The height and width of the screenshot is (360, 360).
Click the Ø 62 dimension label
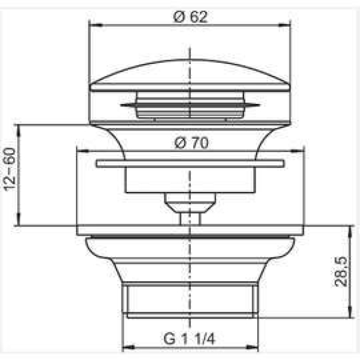[190, 17]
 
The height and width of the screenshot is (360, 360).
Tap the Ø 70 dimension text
[191, 143]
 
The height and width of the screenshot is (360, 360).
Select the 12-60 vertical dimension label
[10, 169]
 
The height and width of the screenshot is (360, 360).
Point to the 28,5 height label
[340, 271]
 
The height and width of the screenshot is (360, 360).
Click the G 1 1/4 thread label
[190, 338]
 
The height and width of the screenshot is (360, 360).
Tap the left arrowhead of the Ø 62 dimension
[95, 25]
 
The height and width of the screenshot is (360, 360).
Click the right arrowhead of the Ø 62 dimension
[284, 25]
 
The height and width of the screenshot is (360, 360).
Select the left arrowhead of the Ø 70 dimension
[82, 151]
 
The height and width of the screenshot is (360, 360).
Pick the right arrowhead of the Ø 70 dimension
[297, 151]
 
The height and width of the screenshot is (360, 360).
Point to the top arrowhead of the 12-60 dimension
[19, 131]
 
